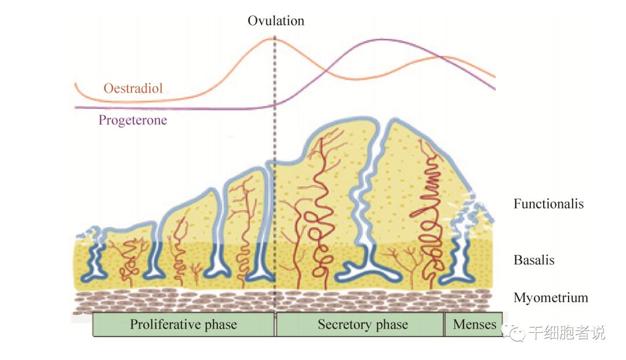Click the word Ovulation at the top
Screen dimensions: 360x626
tap(275, 21)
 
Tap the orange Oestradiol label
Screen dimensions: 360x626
tap(133, 89)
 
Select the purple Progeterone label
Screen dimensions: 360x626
tap(132, 121)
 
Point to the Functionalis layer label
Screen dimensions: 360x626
tap(548, 204)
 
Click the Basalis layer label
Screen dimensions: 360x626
tap(533, 260)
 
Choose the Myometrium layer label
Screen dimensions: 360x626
tap(550, 298)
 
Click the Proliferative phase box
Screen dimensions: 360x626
tap(183, 325)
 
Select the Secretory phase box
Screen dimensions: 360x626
tap(360, 325)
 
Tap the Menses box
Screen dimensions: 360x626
tap(474, 325)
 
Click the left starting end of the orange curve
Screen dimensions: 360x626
tap(75, 84)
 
